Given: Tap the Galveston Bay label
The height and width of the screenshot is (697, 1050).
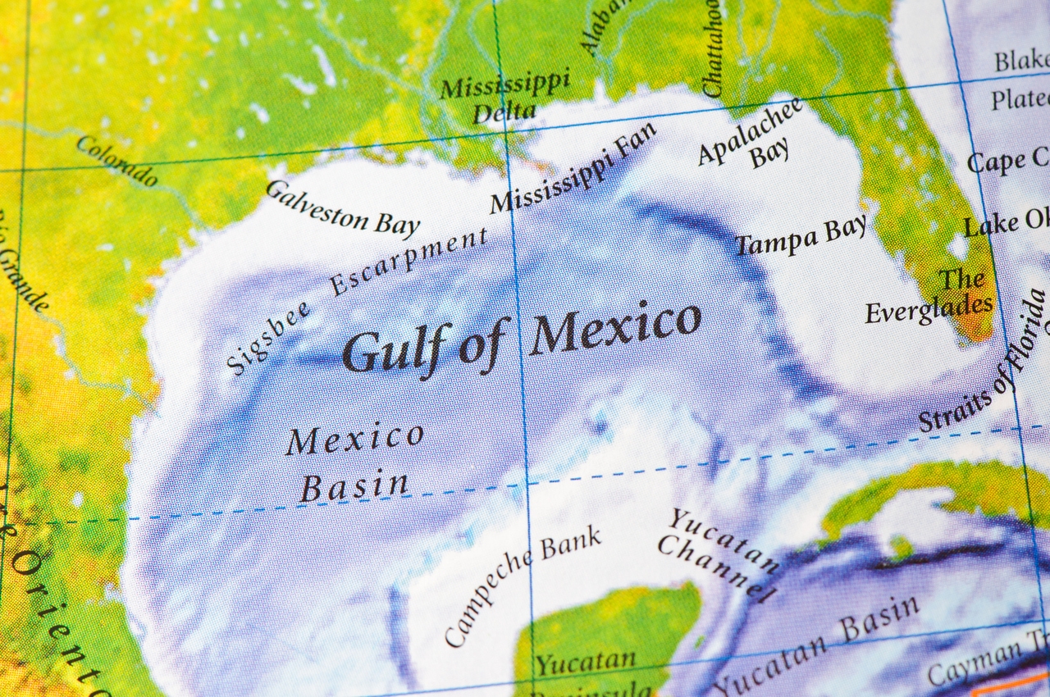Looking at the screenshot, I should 343,209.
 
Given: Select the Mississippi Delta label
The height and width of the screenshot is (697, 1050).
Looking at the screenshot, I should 504,98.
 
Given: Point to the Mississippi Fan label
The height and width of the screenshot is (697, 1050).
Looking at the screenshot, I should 573,169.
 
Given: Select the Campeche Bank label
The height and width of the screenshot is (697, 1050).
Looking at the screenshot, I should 523,585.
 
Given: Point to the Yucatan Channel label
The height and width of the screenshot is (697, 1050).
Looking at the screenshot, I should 719,554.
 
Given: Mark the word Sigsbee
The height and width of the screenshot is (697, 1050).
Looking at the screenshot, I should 268,338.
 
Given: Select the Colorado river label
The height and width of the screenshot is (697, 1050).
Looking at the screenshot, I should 117,161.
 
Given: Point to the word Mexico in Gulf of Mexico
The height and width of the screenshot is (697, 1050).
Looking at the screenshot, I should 615,326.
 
